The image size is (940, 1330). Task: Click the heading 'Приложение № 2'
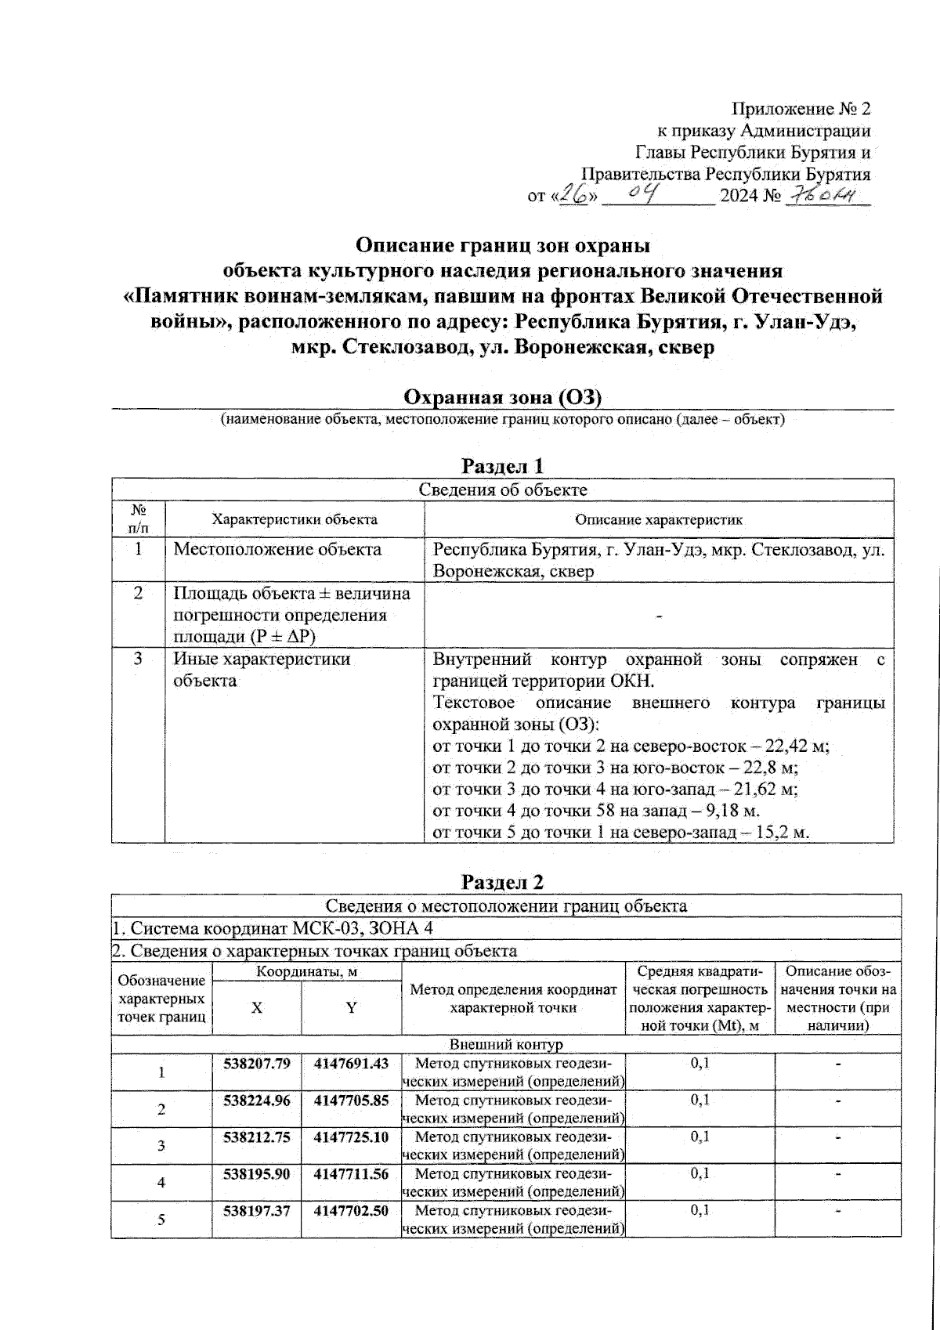(801, 109)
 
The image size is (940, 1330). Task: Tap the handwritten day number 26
(577, 195)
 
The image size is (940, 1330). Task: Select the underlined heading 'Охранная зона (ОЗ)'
(501, 398)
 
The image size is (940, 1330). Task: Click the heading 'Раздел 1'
(502, 466)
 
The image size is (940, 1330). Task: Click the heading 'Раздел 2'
(502, 881)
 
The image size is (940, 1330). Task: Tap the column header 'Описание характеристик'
(658, 519)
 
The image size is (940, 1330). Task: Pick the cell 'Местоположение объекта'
(277, 549)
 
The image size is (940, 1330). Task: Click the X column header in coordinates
(257, 1008)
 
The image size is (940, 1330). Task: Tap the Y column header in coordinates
(352, 1008)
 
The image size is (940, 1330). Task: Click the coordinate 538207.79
(257, 1064)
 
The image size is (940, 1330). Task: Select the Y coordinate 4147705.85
(351, 1101)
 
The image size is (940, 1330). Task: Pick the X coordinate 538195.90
(257, 1173)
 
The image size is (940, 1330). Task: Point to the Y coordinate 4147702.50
(351, 1210)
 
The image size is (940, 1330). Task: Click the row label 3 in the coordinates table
(161, 1146)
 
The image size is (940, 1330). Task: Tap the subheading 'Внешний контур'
(506, 1045)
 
